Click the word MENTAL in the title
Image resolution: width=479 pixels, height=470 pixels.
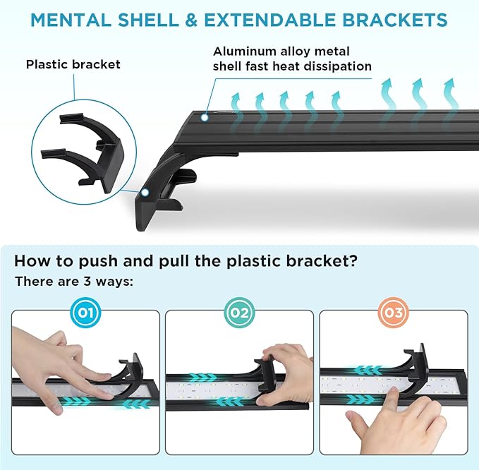click(x=71, y=20)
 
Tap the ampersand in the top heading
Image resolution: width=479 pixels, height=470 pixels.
click(x=191, y=20)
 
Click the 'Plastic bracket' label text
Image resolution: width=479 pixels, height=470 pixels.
click(x=73, y=64)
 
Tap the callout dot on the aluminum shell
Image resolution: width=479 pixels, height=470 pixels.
click(x=205, y=117)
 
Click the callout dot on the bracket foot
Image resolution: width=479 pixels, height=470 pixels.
click(x=145, y=192)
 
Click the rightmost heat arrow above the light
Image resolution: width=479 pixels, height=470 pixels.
click(x=450, y=94)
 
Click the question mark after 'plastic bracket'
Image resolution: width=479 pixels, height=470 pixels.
click(x=353, y=261)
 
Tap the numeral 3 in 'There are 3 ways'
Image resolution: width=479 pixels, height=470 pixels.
click(x=87, y=281)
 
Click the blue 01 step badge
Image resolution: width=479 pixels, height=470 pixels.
click(x=85, y=313)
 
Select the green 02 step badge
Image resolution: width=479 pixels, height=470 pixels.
click(x=240, y=313)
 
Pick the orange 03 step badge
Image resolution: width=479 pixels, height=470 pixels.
click(x=394, y=313)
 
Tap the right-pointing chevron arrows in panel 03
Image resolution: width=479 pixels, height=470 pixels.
click(x=360, y=399)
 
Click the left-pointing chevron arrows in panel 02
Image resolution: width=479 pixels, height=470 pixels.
click(x=229, y=402)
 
